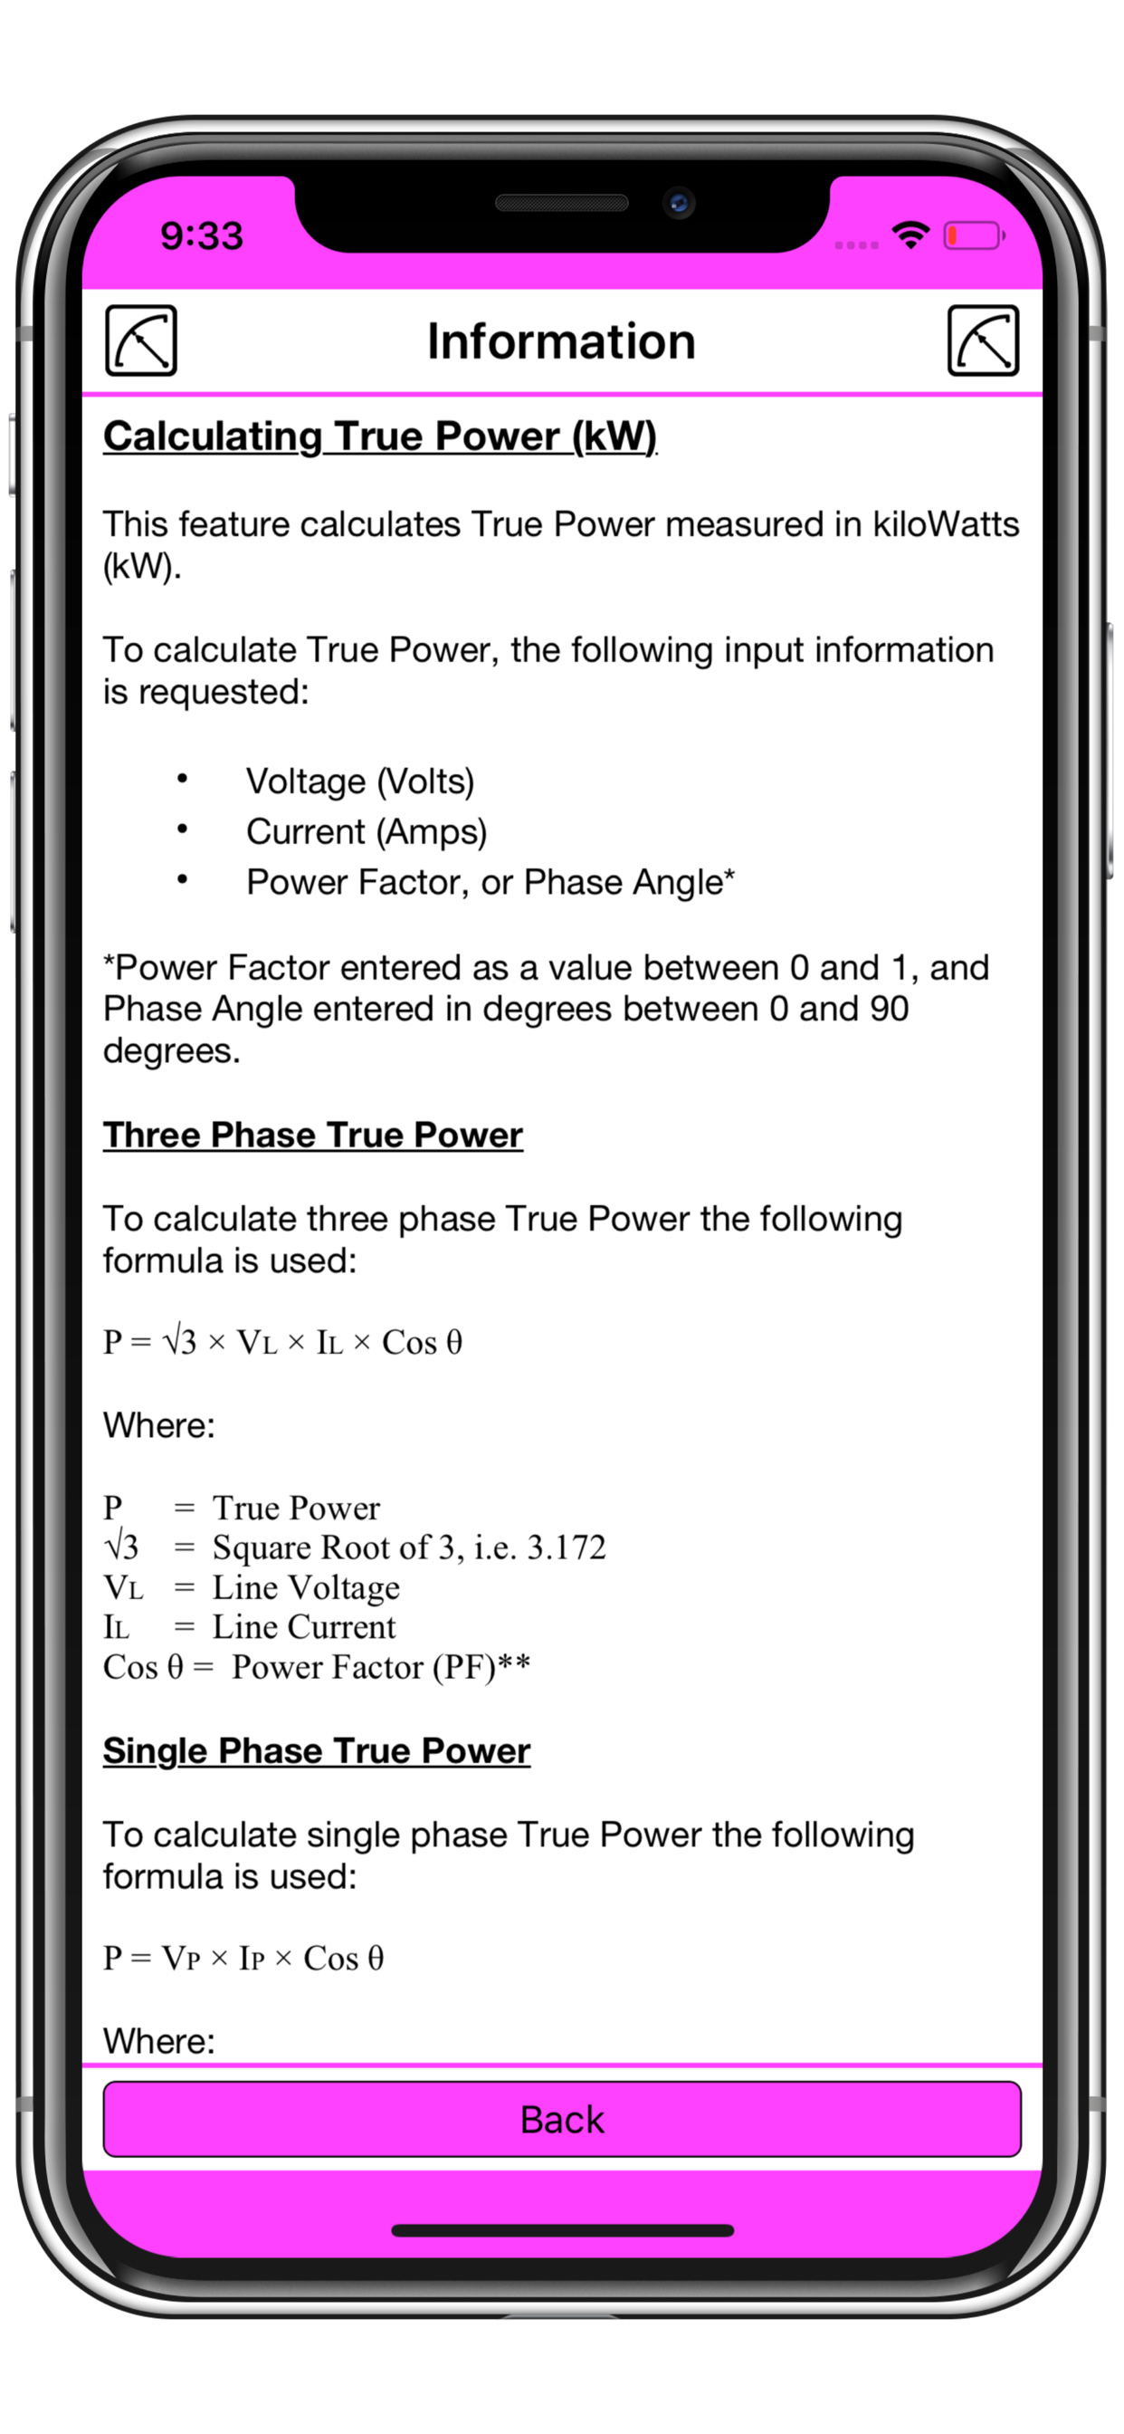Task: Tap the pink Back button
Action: [562, 2120]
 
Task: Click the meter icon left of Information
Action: [141, 340]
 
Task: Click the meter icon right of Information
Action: [983, 340]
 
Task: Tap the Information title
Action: [561, 341]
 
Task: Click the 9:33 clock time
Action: [202, 235]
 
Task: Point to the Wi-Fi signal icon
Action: [910, 235]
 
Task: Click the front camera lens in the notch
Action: [678, 202]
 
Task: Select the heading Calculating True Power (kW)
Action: [380, 436]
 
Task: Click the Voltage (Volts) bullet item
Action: [360, 781]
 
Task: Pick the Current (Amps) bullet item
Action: [367, 831]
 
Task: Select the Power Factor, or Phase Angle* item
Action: [491, 882]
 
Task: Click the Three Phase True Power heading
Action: [312, 1135]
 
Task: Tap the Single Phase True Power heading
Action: [317, 1751]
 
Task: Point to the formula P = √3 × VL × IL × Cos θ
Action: [282, 1342]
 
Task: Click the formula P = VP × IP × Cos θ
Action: [243, 1958]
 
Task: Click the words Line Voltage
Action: [306, 1587]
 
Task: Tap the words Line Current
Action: [304, 1627]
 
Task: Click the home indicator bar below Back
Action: [562, 2231]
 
